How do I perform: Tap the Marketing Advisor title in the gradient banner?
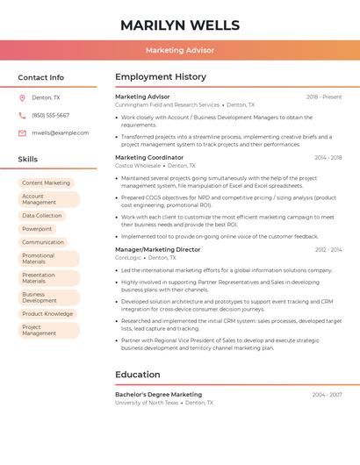point(180,51)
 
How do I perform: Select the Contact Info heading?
point(41,77)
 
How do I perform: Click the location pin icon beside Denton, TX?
point(22,98)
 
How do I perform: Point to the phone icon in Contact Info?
point(22,116)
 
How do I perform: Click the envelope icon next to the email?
point(22,133)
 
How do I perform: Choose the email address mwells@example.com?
point(61,133)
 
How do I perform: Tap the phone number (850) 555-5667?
point(50,116)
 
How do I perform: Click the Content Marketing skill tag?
point(46,183)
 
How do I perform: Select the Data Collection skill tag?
point(42,216)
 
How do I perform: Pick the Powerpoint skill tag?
point(37,229)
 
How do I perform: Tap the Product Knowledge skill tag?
point(47,314)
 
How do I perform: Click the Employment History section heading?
point(161,77)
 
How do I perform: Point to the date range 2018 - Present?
point(324,97)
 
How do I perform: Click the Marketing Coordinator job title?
point(149,158)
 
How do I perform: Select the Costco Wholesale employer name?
point(138,166)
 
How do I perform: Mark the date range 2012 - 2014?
point(328,250)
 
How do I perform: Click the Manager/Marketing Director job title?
point(158,250)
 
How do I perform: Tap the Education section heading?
point(138,375)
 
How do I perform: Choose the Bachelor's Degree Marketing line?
point(158,395)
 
